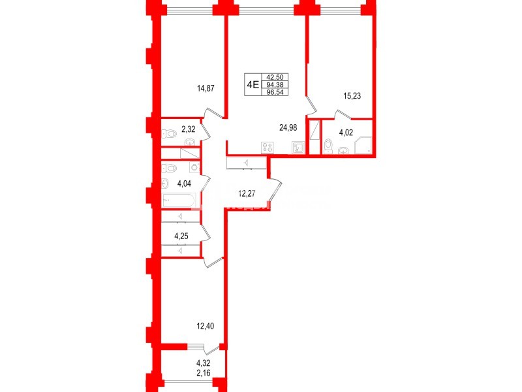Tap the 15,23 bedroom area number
tap(352, 95)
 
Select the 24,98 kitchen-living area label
tap(288, 127)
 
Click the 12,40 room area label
tap(206, 326)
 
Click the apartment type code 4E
tap(253, 84)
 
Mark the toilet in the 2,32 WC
tap(170, 134)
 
